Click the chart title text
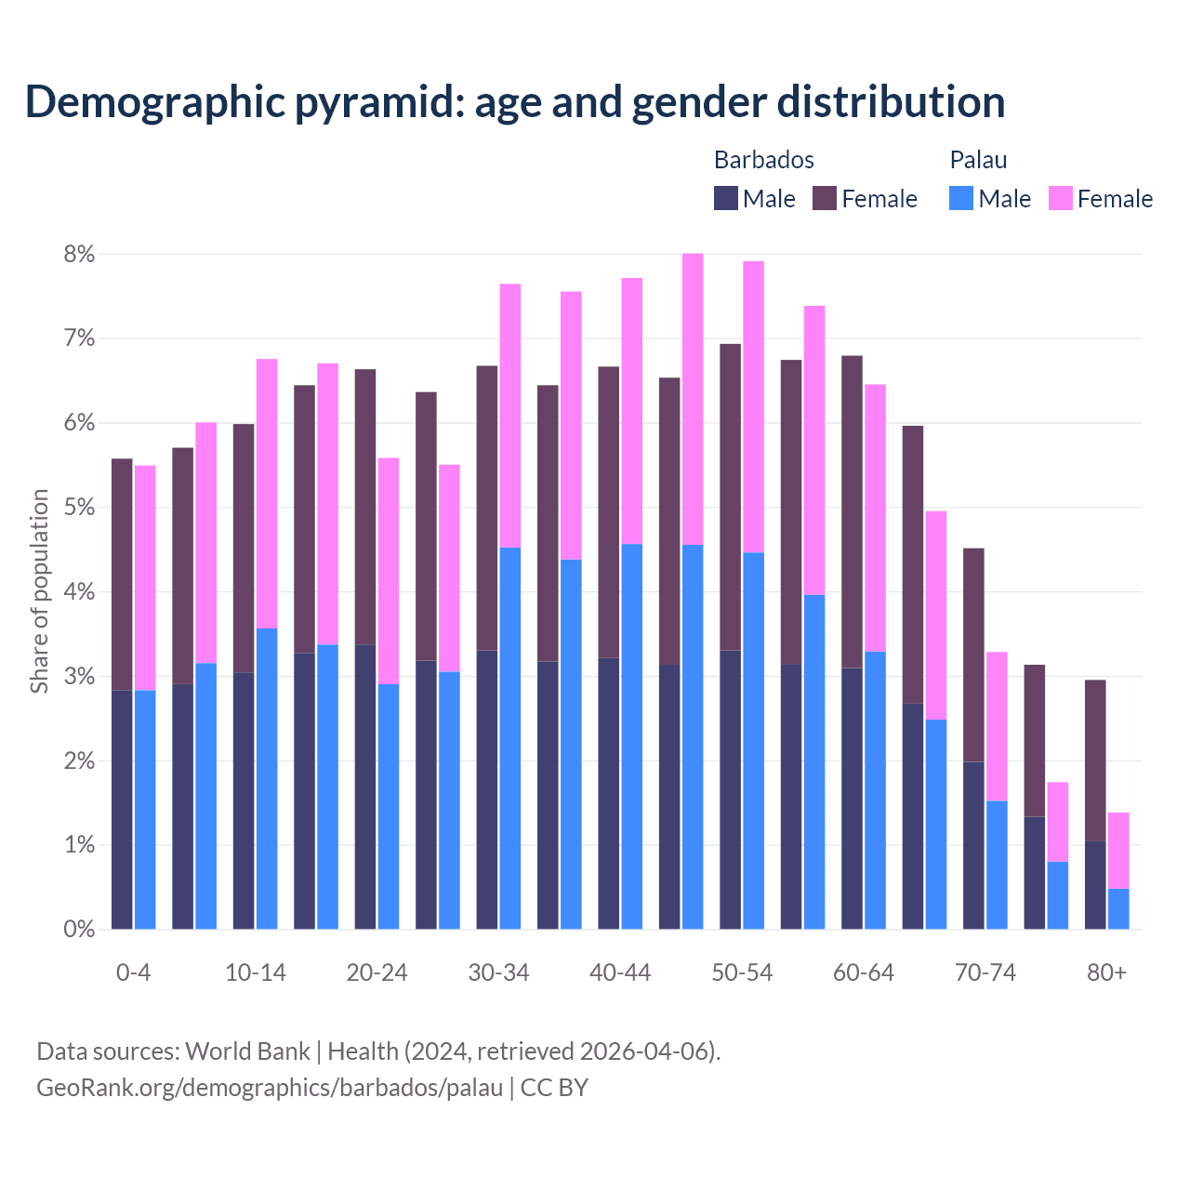(515, 102)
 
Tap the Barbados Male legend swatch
(726, 198)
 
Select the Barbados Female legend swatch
(825, 198)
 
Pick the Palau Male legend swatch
(961, 198)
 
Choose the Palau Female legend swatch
(1060, 198)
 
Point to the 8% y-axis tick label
(79, 254)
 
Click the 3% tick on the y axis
(79, 677)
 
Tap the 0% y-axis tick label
(79, 929)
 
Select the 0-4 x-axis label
(133, 972)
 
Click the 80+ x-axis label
(1106, 972)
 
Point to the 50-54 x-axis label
(742, 972)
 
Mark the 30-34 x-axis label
(498, 972)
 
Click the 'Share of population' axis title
(39, 591)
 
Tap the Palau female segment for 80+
(1118, 851)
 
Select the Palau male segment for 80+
(1118, 909)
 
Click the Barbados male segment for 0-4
(122, 809)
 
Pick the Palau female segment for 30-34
(510, 416)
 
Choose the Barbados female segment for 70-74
(973, 654)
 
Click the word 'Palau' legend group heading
(978, 160)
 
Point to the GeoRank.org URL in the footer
(270, 1087)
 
